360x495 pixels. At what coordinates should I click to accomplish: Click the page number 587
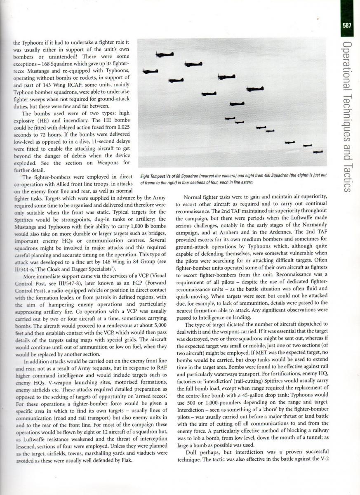point(347,25)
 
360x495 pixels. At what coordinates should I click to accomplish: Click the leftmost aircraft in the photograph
point(150,71)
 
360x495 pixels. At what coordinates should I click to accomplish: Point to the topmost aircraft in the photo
point(165,54)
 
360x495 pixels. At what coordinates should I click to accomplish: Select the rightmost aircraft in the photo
point(317,152)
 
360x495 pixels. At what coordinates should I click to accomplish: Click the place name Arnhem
point(229,232)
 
